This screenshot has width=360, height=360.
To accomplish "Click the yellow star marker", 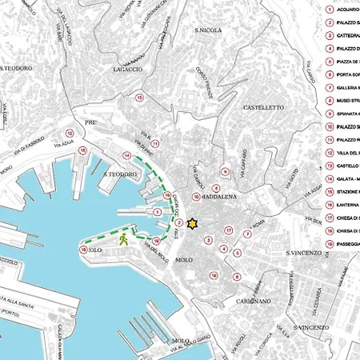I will [x=191, y=225].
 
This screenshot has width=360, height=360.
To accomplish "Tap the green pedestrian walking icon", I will [x=123, y=238].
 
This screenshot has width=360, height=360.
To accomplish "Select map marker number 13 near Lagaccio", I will [x=139, y=98].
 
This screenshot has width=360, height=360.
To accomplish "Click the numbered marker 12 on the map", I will [x=70, y=133].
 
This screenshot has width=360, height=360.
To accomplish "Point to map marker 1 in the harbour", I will [x=156, y=214].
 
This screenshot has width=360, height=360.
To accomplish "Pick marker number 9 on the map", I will [x=226, y=172].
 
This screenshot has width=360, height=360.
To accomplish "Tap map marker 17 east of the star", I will [x=228, y=231].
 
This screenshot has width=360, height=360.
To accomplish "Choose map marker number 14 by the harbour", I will [x=126, y=155].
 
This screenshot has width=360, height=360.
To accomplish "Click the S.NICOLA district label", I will [x=207, y=30].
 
